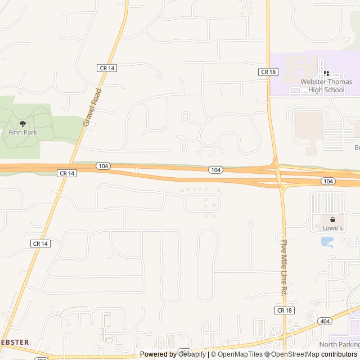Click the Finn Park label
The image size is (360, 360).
pos(23,132)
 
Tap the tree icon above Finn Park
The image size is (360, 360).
pos(23,123)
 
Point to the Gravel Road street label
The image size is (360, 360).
pos(92,107)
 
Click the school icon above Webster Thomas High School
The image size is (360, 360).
pos(326,74)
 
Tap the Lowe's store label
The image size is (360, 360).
pos(332,228)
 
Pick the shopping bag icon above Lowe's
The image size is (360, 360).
pos(332,219)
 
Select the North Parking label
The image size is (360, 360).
pos(339,344)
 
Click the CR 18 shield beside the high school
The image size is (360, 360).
pos(267,72)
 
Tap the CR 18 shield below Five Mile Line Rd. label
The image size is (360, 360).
pos(285,310)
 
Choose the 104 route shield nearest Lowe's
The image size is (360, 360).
pos(328,181)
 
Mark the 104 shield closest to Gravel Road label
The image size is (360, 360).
pos(103,166)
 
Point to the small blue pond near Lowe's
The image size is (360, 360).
pos(327,242)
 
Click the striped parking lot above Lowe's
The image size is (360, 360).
pos(327,202)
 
